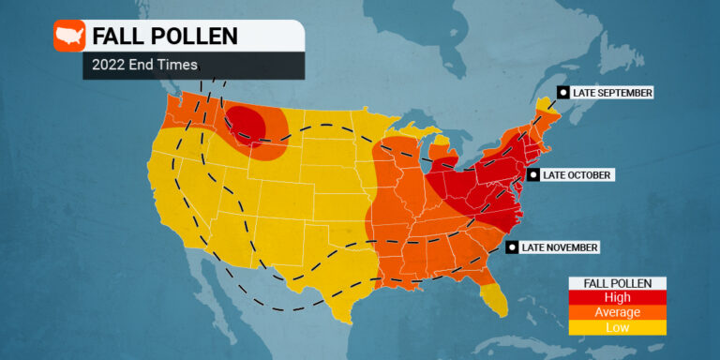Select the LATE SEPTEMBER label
pyautogui.click(x=612, y=93)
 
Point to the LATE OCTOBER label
pyautogui.click(x=577, y=175)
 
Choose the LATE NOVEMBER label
pyautogui.click(x=560, y=247)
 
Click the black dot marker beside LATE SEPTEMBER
pyautogui.click(x=563, y=92)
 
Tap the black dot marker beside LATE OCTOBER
pyautogui.click(x=532, y=175)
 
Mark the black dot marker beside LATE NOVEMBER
pyautogui.click(x=512, y=247)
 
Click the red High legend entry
pyautogui.click(x=618, y=297)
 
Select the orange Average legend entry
pyautogui.click(x=618, y=312)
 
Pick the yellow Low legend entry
pyautogui.click(x=618, y=327)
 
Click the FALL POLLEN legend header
pyautogui.click(x=618, y=283)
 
